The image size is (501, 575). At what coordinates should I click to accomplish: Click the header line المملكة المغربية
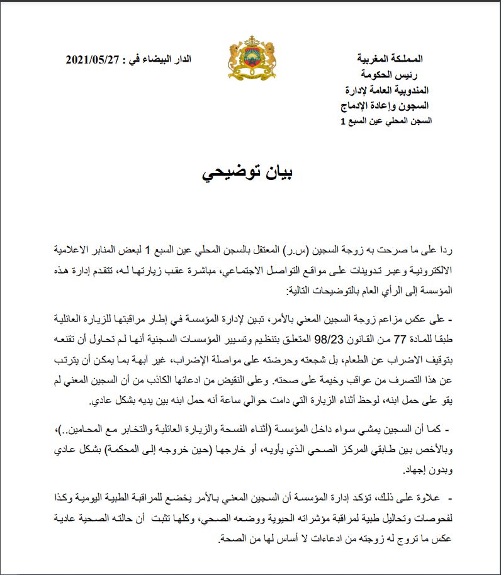395,60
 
